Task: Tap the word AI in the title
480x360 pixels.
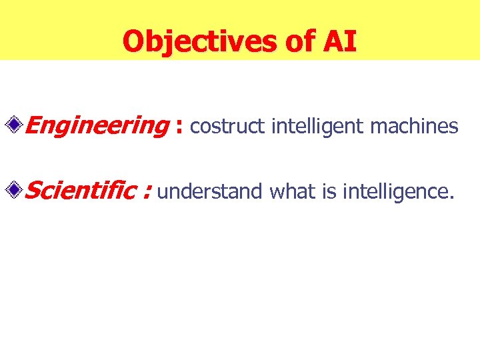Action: coord(340,42)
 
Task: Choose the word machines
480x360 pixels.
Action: coord(415,126)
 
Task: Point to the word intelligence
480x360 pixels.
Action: coord(396,192)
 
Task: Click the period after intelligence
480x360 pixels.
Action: coord(453,198)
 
